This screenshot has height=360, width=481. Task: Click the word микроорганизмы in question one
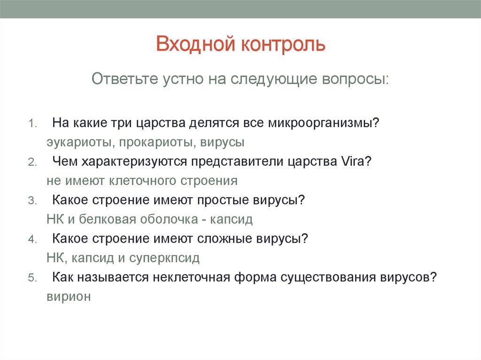[324, 123]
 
